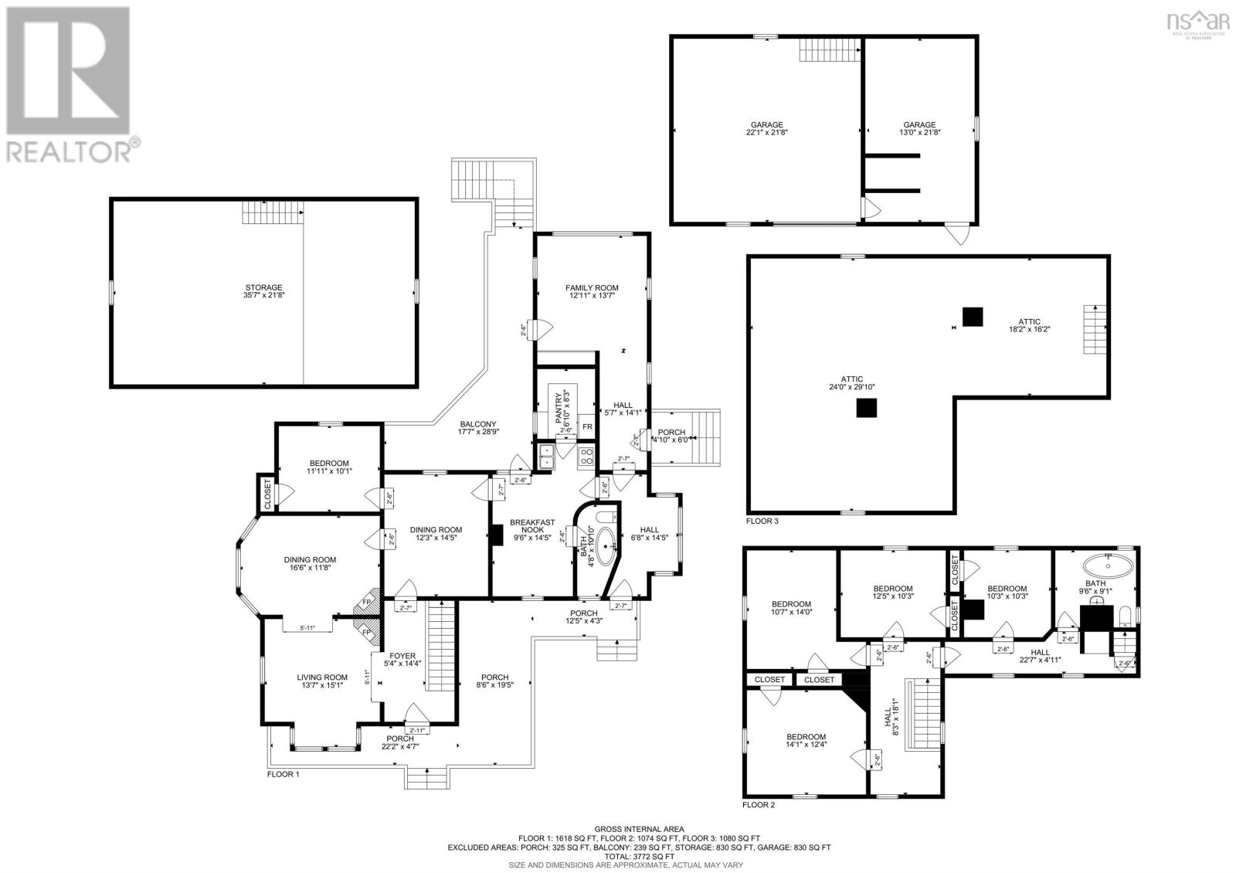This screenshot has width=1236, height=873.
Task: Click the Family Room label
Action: click(591, 288)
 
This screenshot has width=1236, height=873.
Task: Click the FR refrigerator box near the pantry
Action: click(587, 427)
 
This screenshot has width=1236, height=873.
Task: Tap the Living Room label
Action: click(322, 678)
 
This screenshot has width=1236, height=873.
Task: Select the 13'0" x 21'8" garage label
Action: click(919, 128)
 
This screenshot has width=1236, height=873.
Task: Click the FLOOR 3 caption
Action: click(762, 521)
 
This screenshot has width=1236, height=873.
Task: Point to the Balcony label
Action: click(478, 423)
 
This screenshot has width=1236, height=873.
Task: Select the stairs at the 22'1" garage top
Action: click(829, 50)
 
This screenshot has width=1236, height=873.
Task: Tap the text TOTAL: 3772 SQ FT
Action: click(639, 856)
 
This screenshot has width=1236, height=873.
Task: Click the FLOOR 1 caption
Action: click(283, 774)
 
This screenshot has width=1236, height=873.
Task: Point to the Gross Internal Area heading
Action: click(639, 829)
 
